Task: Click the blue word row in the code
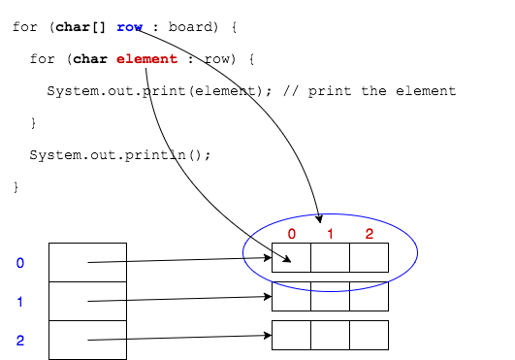point(130,27)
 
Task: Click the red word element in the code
point(146,59)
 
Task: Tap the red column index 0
point(291,234)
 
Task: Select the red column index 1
point(330,234)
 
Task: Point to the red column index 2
point(369,234)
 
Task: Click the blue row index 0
point(20,263)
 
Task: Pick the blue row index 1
point(20,302)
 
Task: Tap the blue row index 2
point(20,341)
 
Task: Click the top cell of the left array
point(87,262)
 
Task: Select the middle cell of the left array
point(87,301)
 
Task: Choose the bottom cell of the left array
point(87,340)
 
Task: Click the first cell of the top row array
point(291,257)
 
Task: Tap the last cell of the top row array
point(369,257)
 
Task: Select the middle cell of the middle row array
point(330,296)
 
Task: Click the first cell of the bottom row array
point(291,335)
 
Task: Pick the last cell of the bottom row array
point(369,335)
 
